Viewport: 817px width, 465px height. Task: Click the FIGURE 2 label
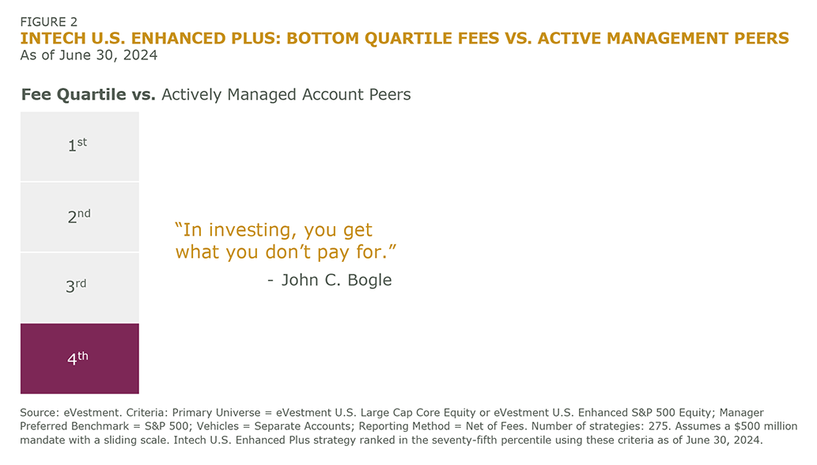point(48,22)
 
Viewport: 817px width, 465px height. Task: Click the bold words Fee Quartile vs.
point(88,94)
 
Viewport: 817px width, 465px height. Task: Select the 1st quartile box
point(80,146)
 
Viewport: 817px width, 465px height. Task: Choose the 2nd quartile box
point(80,217)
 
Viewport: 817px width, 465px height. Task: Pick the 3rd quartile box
point(80,288)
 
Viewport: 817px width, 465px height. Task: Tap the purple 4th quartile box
point(80,359)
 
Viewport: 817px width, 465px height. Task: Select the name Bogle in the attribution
point(369,280)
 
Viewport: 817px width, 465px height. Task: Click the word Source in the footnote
point(39,412)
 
